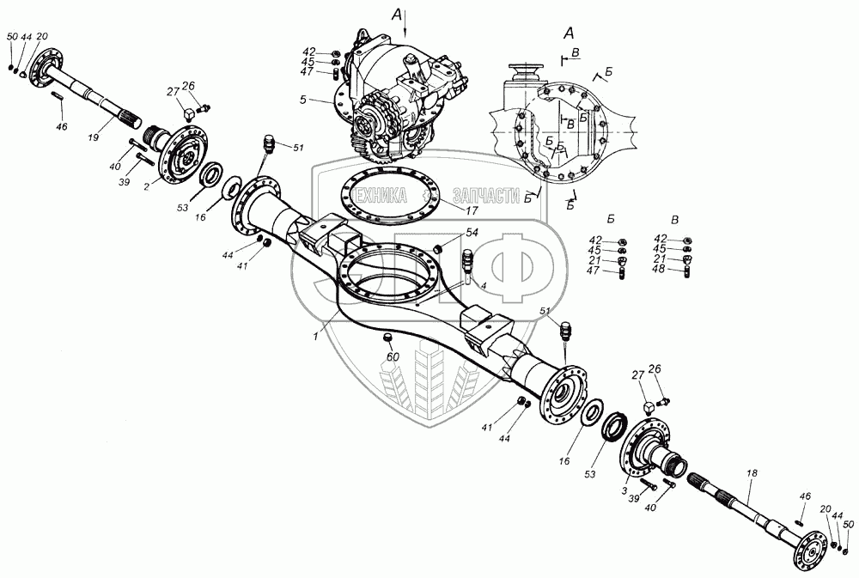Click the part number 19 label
pos(93,137)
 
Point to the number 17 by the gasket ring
pos(471,210)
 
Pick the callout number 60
pos(393,357)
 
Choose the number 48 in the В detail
pos(660,270)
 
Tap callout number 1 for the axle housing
pos(315,337)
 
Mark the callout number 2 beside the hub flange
pos(147,187)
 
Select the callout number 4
pos(483,285)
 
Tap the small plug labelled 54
pos(438,250)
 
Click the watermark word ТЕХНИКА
pos(381,196)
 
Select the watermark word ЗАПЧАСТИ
pos(486,196)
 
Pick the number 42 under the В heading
pos(661,238)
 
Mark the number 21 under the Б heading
pos(595,260)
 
